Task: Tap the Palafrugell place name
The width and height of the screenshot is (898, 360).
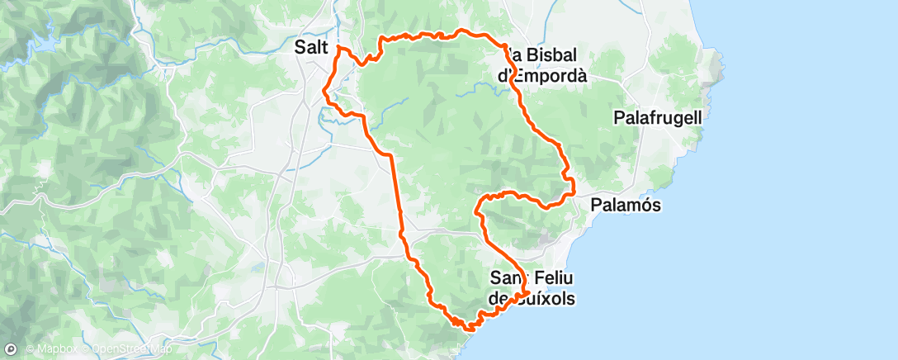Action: [x=658, y=118]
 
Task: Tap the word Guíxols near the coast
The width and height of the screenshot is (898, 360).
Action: [x=542, y=298]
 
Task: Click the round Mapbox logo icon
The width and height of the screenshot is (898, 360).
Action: [x=11, y=348]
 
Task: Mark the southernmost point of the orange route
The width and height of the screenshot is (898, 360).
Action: [x=470, y=329]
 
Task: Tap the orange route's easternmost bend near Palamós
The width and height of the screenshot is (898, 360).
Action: [x=573, y=187]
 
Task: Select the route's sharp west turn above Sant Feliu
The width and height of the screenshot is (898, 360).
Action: [x=478, y=212]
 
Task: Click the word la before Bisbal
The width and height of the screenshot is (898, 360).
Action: [x=511, y=56]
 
